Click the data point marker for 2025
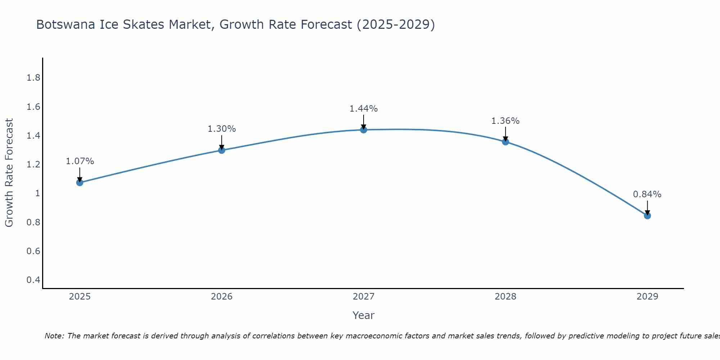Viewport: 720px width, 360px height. tap(80, 183)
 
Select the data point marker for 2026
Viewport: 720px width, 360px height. tap(222, 150)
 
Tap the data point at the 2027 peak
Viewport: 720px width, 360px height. tap(364, 130)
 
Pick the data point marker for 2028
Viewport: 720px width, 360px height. tap(505, 141)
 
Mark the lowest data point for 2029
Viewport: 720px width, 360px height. tap(647, 216)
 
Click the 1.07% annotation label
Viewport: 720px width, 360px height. tap(80, 161)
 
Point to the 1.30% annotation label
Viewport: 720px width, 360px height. tap(222, 129)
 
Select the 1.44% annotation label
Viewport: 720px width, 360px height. tap(364, 108)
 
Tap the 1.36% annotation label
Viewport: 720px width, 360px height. tap(505, 121)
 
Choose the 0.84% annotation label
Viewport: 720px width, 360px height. tap(647, 194)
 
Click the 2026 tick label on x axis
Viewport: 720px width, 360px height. tap(222, 297)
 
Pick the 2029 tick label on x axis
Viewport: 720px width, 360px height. tap(647, 297)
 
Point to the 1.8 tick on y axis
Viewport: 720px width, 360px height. tap(33, 78)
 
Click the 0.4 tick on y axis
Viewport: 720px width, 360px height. tap(33, 280)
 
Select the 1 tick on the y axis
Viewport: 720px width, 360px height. tap(37, 193)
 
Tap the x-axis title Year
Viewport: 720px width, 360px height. tap(364, 315)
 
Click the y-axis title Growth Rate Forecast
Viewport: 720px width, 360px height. tap(9, 173)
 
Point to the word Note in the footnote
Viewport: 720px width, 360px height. tap(54, 336)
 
